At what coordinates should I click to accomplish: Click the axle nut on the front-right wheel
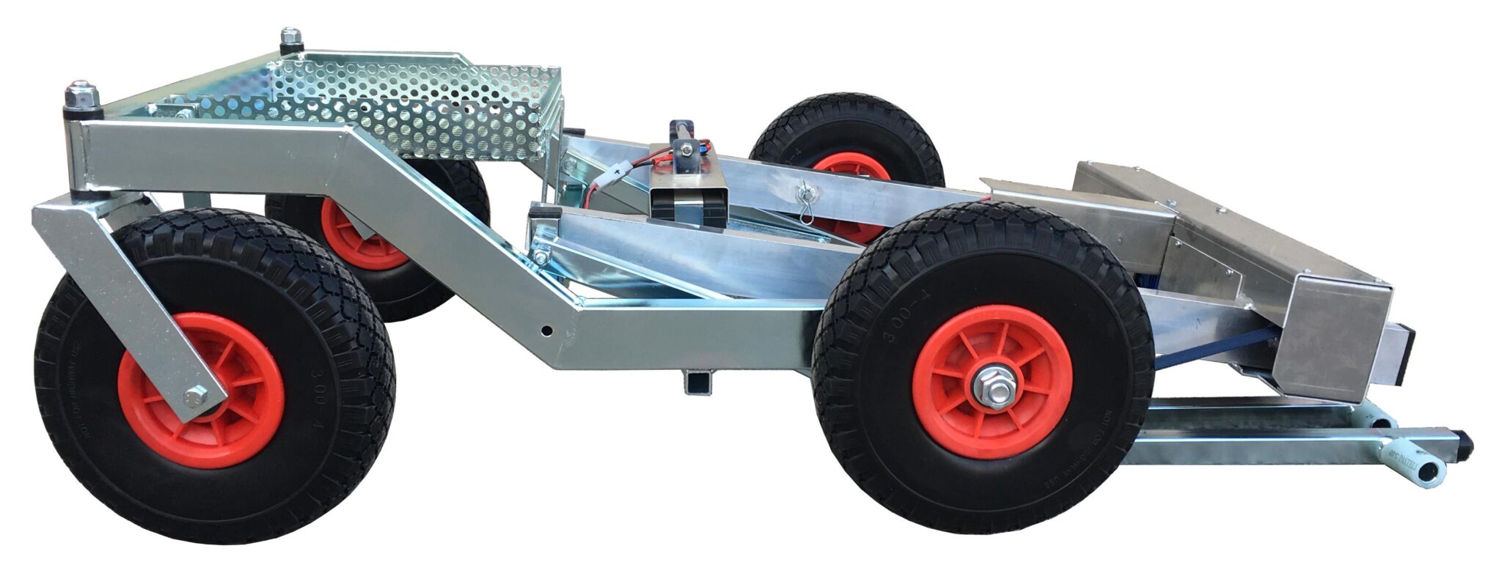(x=991, y=388)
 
